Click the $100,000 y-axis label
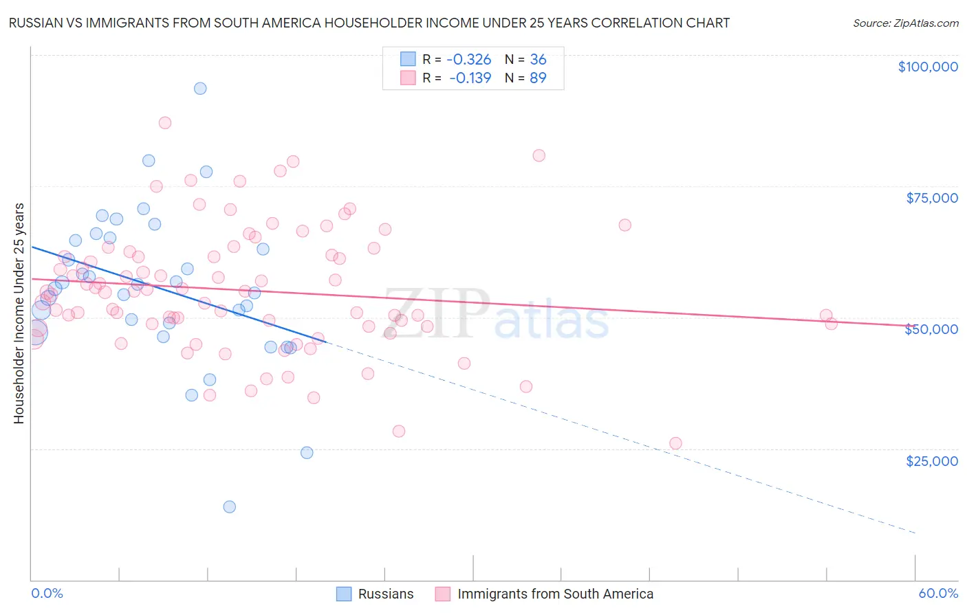click(x=927, y=67)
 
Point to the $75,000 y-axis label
click(x=931, y=198)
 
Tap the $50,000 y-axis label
click(x=931, y=329)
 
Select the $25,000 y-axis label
click(x=931, y=460)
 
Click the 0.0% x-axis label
click(x=47, y=593)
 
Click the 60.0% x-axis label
click(x=937, y=593)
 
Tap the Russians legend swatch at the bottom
click(x=344, y=594)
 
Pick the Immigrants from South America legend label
click(x=555, y=594)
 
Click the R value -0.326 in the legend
click(x=469, y=60)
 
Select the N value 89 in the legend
click(x=538, y=78)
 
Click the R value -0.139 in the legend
click(x=470, y=78)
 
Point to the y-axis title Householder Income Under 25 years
click(x=19, y=313)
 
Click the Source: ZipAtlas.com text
click(x=905, y=23)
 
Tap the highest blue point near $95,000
click(x=200, y=88)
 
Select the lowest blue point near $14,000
click(x=230, y=506)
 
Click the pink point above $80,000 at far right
click(x=539, y=155)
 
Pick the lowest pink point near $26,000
click(x=675, y=443)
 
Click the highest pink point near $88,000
click(x=164, y=122)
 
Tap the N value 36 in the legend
click(x=538, y=60)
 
